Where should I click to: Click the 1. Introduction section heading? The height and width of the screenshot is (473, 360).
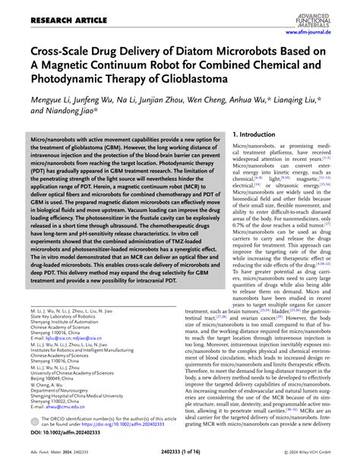coord(238,135)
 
